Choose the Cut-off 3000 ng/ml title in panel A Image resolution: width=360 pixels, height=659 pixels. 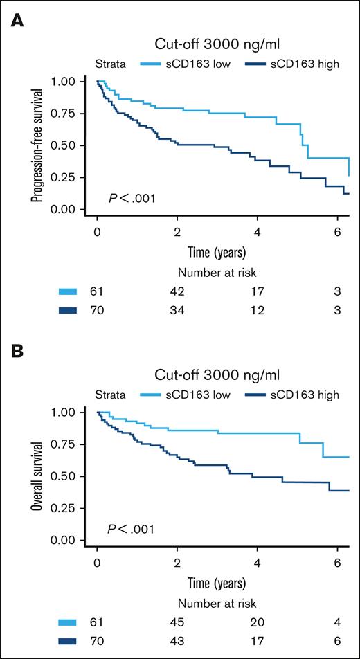pyautogui.click(x=217, y=45)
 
